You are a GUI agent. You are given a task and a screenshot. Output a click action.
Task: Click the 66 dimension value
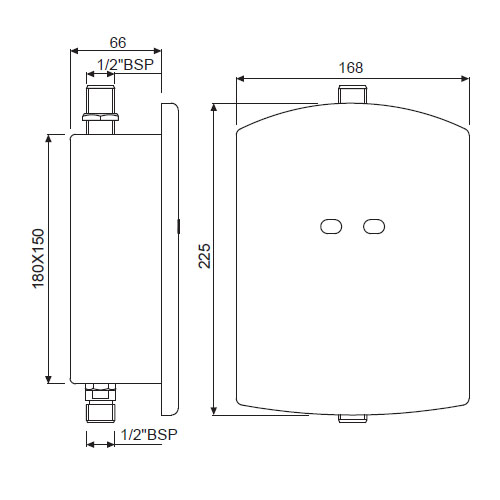116,43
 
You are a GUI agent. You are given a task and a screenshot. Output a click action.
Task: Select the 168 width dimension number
351,67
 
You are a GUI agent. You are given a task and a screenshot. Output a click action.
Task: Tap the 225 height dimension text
205,257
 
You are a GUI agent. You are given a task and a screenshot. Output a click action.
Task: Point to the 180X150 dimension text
39,258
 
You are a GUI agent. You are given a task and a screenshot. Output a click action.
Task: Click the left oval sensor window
331,228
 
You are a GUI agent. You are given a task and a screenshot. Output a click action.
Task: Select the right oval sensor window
374,228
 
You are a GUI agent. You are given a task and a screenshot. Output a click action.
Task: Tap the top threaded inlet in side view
101,99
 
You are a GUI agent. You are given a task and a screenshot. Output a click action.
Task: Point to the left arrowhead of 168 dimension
239,78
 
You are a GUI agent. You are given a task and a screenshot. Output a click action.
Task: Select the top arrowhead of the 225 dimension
215,105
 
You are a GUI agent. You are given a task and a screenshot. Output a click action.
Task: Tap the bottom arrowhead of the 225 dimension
215,411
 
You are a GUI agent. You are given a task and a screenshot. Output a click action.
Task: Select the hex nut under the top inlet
101,118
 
